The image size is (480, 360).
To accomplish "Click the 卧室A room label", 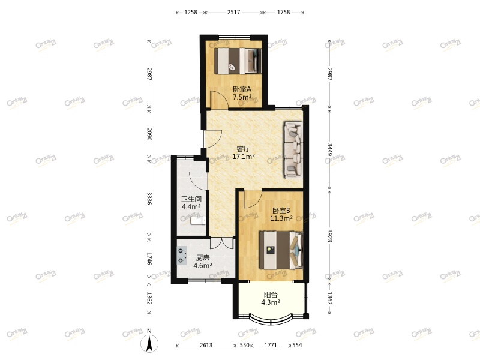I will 242,89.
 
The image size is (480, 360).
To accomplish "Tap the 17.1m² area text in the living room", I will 244,157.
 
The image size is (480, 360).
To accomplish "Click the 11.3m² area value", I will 281,218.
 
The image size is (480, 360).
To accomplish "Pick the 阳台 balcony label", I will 271,295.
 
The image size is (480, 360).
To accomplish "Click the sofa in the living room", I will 293,149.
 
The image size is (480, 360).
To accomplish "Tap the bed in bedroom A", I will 238,59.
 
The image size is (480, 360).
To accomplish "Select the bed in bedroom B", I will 280,250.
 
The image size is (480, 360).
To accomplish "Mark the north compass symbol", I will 149,343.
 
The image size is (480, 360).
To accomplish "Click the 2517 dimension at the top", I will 233,12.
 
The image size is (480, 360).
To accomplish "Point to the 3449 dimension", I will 329,148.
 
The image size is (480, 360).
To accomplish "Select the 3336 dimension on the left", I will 149,199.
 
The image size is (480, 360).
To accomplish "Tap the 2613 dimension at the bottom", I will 205,346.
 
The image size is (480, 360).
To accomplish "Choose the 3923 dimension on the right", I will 329,235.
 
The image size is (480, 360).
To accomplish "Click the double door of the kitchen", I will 221,244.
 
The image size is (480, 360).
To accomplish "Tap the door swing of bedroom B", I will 251,196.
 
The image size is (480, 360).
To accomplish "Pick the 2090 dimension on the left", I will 149,134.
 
